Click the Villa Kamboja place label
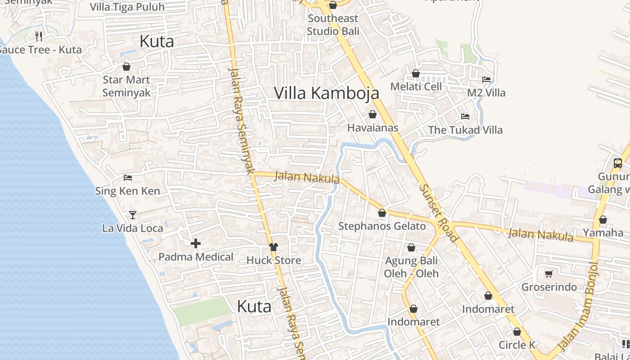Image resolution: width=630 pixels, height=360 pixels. point(326,93)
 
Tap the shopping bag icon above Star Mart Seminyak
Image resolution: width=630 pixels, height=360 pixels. point(126,67)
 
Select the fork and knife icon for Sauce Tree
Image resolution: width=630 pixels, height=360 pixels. point(39,36)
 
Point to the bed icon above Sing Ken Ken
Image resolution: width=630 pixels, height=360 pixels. point(128,178)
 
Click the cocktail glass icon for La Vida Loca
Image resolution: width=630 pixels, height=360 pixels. point(133,215)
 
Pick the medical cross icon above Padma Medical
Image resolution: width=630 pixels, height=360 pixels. point(196,244)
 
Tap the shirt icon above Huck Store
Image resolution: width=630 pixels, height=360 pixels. point(274,247)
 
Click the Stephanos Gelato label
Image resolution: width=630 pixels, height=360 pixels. point(382,226)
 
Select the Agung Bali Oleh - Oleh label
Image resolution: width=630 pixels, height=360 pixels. point(411,267)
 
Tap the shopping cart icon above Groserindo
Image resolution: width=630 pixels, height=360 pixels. point(549,274)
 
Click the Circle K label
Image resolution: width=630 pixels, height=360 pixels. point(517,345)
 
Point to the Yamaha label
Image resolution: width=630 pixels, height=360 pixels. point(603,233)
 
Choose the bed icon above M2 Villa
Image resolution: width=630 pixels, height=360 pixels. point(486,80)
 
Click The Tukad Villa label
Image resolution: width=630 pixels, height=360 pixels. point(465,130)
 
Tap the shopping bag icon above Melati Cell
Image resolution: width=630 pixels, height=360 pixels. point(416,73)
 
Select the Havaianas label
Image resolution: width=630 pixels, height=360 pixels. point(373,128)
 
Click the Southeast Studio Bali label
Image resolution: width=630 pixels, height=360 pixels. point(333,25)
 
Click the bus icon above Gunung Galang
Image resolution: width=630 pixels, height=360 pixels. point(618,163)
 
